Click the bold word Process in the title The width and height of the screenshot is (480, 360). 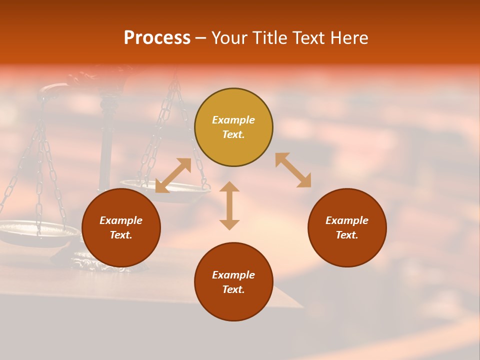click(157, 38)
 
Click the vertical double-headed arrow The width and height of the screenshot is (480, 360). click(229, 205)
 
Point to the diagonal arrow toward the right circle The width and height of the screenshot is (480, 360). click(293, 170)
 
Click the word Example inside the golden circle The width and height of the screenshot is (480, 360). click(233, 120)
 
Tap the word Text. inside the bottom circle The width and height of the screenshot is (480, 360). click(233, 289)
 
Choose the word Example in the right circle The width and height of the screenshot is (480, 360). click(347, 220)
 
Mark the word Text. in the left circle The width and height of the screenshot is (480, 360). click(121, 235)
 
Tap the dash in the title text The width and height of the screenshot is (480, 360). click(201, 38)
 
